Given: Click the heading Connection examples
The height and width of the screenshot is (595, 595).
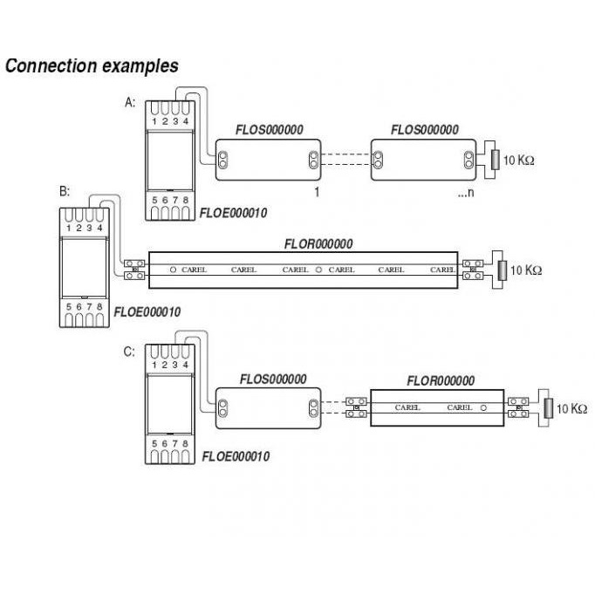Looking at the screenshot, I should click(92, 66).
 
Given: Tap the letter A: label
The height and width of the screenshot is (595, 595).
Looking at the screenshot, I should click(130, 102).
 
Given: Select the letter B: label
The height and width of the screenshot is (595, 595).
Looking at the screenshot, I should click(63, 191).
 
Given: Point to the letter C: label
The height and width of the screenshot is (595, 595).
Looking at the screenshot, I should click(129, 352).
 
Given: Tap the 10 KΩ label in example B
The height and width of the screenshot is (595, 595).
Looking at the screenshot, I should click(526, 270).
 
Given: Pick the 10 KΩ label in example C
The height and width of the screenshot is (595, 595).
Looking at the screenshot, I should click(571, 407).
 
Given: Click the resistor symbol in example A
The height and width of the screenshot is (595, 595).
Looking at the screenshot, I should click(495, 160).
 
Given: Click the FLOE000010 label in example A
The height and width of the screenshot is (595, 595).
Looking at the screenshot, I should click(234, 213).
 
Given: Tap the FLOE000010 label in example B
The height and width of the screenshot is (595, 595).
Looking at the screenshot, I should click(147, 334).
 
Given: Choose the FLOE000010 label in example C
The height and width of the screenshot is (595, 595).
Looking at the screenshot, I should click(236, 456).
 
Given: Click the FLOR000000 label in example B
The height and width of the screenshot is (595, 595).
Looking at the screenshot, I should click(318, 244).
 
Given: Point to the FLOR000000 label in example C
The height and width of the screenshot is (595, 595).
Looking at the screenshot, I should click(441, 380).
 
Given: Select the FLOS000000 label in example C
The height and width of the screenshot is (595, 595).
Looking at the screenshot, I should click(272, 380).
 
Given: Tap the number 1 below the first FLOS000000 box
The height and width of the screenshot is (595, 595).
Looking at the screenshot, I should click(318, 190).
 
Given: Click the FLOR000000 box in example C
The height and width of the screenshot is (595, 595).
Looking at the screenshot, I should click(436, 407).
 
